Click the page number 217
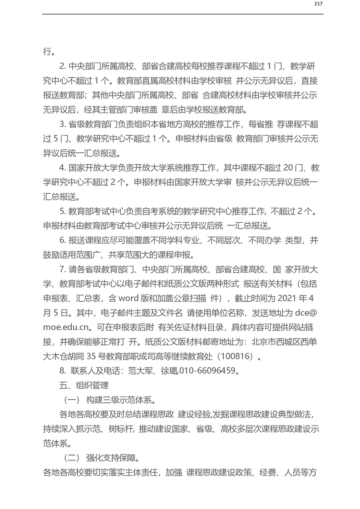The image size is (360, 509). pyautogui.click(x=318, y=4)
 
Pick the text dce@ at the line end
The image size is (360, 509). pyautogui.click(x=306, y=312)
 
